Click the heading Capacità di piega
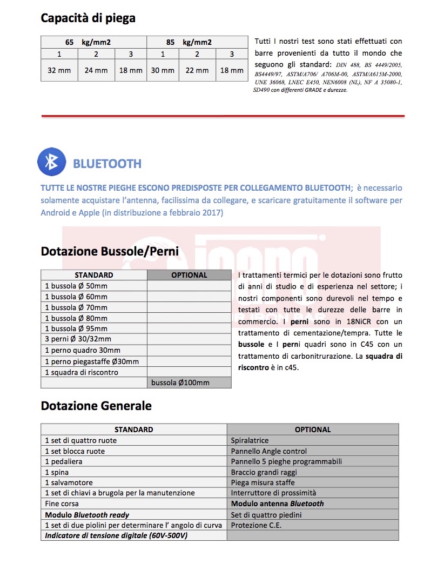pyautogui.click(x=88, y=18)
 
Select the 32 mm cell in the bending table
pyautogui.click(x=59, y=70)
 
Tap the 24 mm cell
pyautogui.click(x=96, y=70)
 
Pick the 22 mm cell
pyautogui.click(x=197, y=70)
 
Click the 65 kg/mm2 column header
pyautogui.click(x=93, y=42)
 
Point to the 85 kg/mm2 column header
pyautogui.click(x=197, y=42)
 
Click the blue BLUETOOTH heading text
pyautogui.click(x=107, y=164)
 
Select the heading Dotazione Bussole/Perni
pyautogui.click(x=110, y=251)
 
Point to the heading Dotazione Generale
pyautogui.click(x=96, y=406)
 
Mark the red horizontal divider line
pyautogui.click(x=223, y=116)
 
